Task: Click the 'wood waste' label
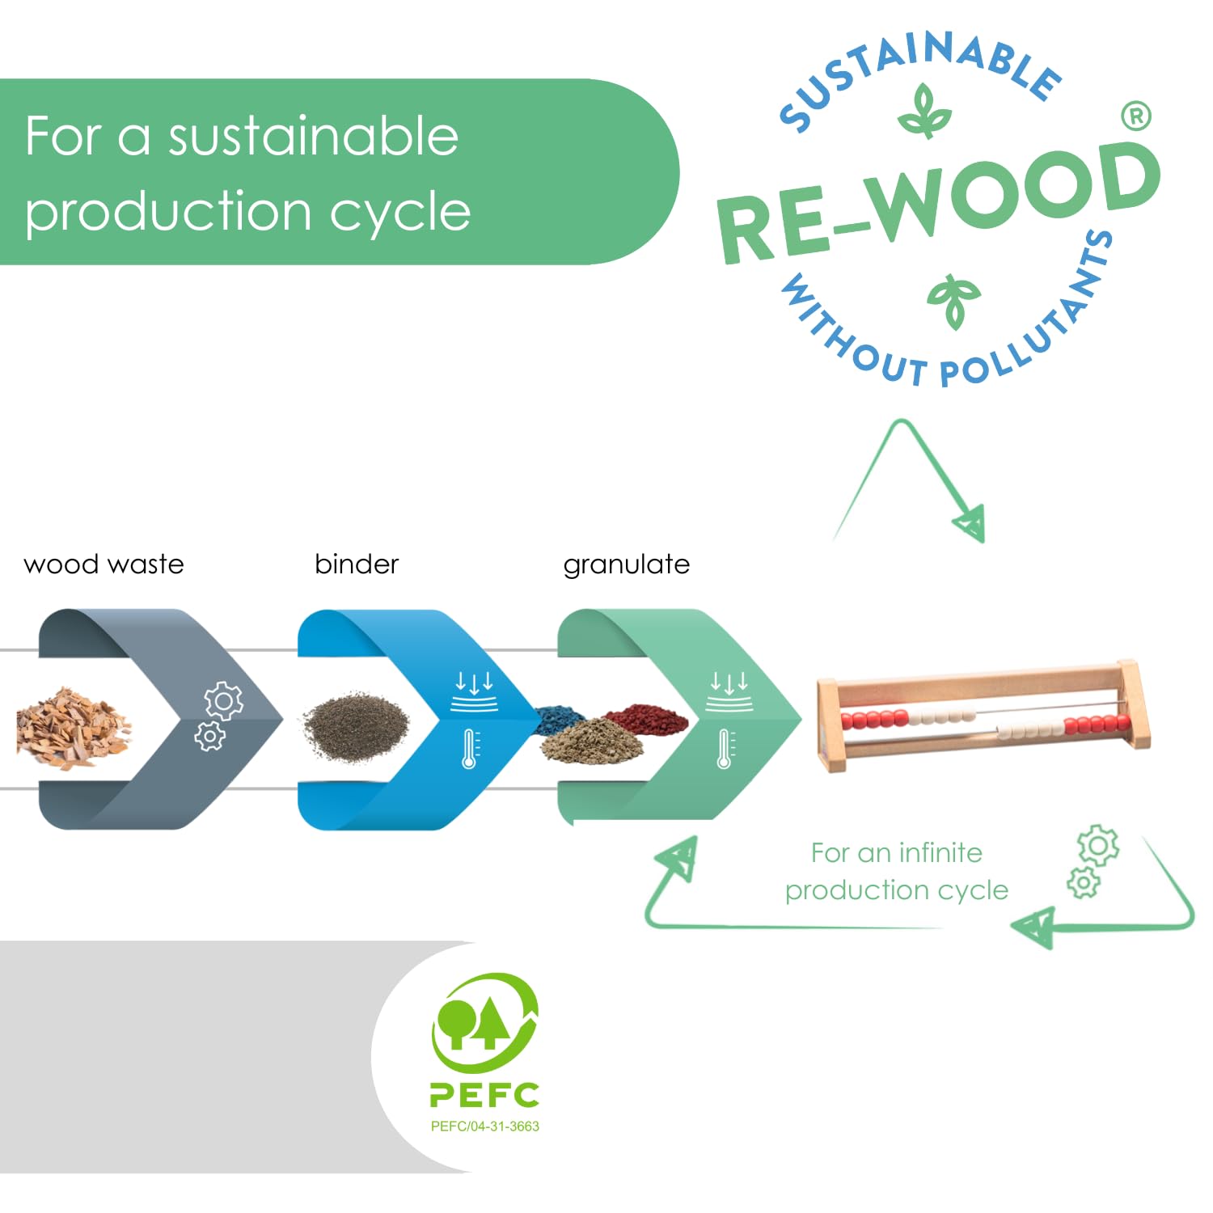tap(104, 564)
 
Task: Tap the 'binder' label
tap(357, 564)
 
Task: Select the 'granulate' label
tap(626, 564)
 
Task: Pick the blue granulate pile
tap(560, 718)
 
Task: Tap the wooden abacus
tap(983, 716)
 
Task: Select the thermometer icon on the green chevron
tap(725, 748)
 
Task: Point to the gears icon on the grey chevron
tap(217, 716)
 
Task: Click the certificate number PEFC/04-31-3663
tap(484, 1126)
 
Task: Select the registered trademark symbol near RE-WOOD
tap(1136, 116)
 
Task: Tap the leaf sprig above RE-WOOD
tap(923, 112)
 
